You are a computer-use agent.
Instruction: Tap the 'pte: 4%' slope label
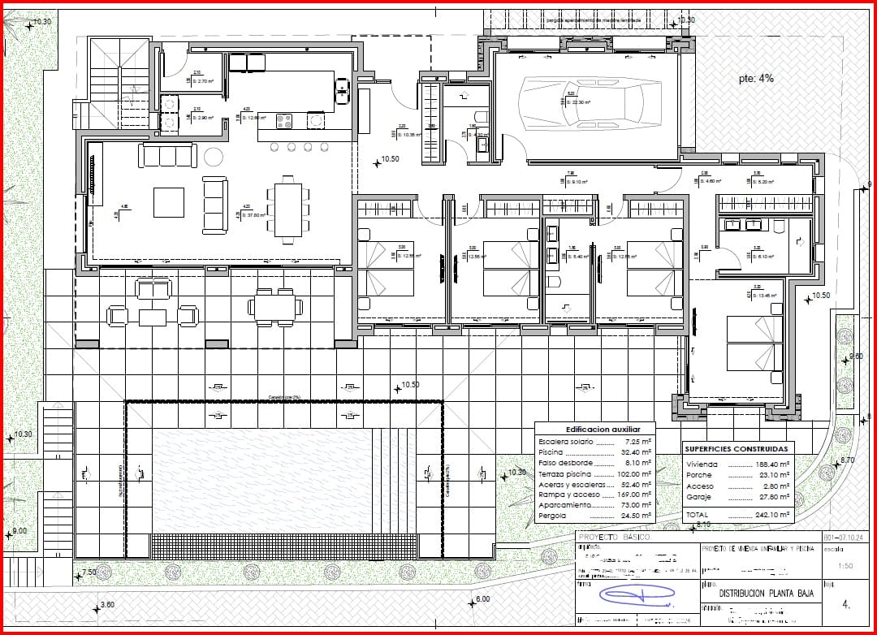point(756,79)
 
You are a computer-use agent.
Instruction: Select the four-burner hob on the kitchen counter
point(285,121)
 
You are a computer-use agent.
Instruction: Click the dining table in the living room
point(287,210)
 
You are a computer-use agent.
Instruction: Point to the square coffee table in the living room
point(169,201)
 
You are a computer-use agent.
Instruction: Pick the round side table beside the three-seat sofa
point(215,156)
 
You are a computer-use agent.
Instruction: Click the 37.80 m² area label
point(257,216)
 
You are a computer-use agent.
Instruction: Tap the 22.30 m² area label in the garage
point(579,102)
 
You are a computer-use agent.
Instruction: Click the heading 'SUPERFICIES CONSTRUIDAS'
point(736,448)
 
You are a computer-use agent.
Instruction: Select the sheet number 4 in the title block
point(846,604)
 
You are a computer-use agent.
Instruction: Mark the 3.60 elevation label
point(107,605)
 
